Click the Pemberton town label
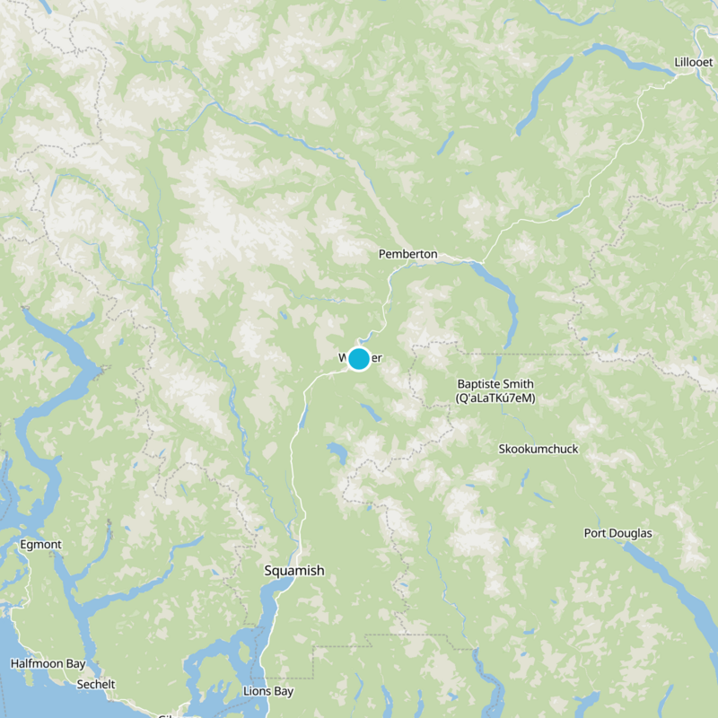[x=407, y=254]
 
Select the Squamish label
[x=294, y=571]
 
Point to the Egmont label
[x=40, y=545]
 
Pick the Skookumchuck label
[x=538, y=449]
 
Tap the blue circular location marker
[x=359, y=359]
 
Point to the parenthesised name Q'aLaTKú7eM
[x=495, y=398]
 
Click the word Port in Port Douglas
[x=597, y=533]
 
